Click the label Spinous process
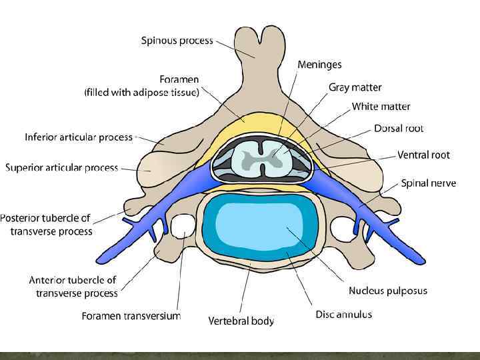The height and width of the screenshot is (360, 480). [177, 41]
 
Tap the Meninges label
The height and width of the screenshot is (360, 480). [319, 65]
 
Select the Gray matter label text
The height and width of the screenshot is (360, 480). [355, 87]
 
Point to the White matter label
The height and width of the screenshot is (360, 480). [381, 107]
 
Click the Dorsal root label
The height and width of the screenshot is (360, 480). [399, 128]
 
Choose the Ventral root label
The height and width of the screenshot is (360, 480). [423, 155]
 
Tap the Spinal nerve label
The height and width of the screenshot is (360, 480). [428, 183]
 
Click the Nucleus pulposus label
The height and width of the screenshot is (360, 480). [387, 291]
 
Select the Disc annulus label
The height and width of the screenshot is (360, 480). [343, 314]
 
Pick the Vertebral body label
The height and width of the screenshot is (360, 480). [241, 321]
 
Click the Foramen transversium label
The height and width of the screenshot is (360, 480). [131, 316]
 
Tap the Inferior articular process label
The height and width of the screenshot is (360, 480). [79, 137]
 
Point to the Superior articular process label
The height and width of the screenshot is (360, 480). [61, 167]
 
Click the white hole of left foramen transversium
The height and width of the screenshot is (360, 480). [181, 227]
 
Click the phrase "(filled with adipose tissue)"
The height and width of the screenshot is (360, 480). [141, 93]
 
